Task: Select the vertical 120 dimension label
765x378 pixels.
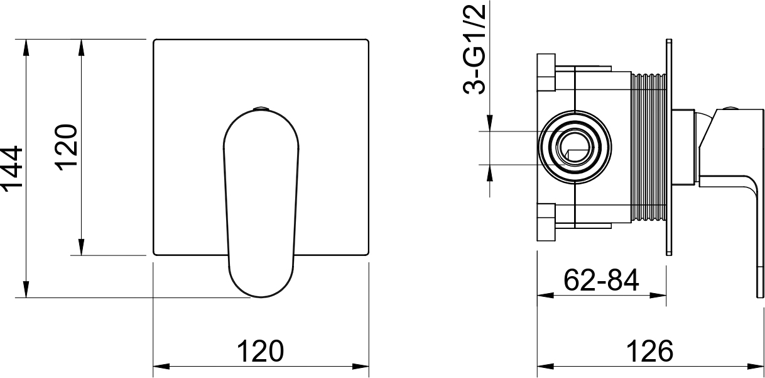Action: (67, 148)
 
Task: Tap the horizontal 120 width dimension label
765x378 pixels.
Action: (260, 351)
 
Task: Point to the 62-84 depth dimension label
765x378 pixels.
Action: (601, 280)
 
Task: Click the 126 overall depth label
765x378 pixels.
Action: (650, 351)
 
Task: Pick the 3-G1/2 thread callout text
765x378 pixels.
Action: (474, 50)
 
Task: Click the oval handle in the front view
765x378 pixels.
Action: (261, 203)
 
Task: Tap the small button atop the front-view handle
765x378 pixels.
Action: (261, 108)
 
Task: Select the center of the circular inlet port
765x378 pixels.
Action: (575, 147)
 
